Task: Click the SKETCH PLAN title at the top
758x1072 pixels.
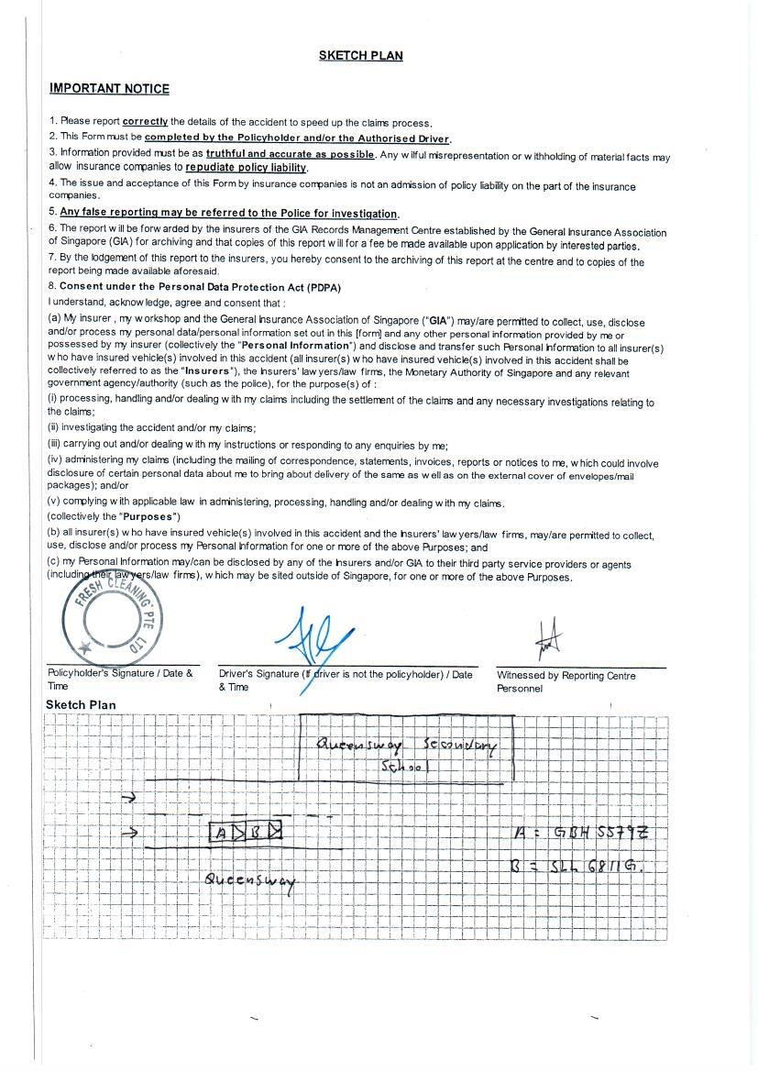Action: [360, 55]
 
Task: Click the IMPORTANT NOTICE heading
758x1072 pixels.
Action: [109, 89]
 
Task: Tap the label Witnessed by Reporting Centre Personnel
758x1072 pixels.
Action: [566, 681]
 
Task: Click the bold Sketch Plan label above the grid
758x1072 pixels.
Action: [81, 705]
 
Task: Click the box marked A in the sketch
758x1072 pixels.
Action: [221, 833]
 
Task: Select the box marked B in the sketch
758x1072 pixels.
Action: [258, 833]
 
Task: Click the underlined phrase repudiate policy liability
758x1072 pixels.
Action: [246, 168]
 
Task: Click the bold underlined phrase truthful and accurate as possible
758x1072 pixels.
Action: [290, 154]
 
